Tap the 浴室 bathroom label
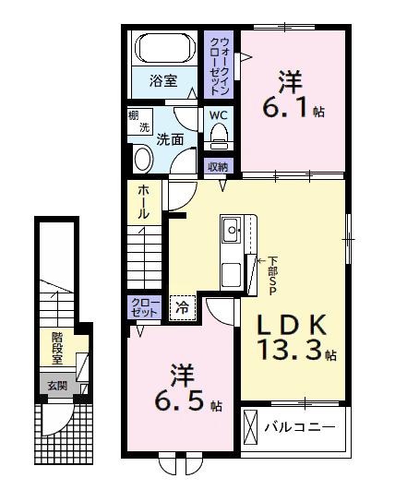coord(164,81)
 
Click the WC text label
coord(219,115)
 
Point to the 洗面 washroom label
coord(169,140)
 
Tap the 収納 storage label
coord(219,167)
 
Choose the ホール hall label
coord(145,203)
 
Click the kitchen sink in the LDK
coord(230,227)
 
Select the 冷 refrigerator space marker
coord(183,308)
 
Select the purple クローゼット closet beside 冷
coord(146,307)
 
